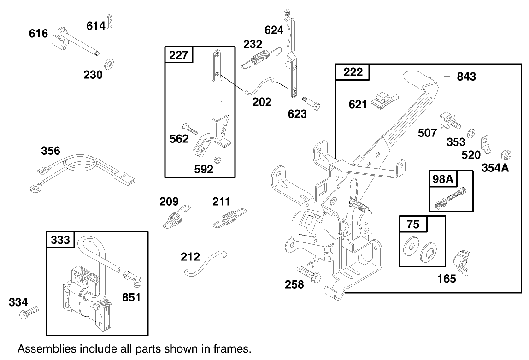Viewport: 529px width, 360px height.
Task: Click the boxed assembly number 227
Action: pos(179,55)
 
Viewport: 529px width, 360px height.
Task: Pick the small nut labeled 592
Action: pos(219,159)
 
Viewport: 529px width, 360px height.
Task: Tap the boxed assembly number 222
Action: pos(353,72)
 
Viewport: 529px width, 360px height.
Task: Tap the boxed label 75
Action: pos(413,224)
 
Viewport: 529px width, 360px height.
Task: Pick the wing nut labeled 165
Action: pos(462,260)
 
